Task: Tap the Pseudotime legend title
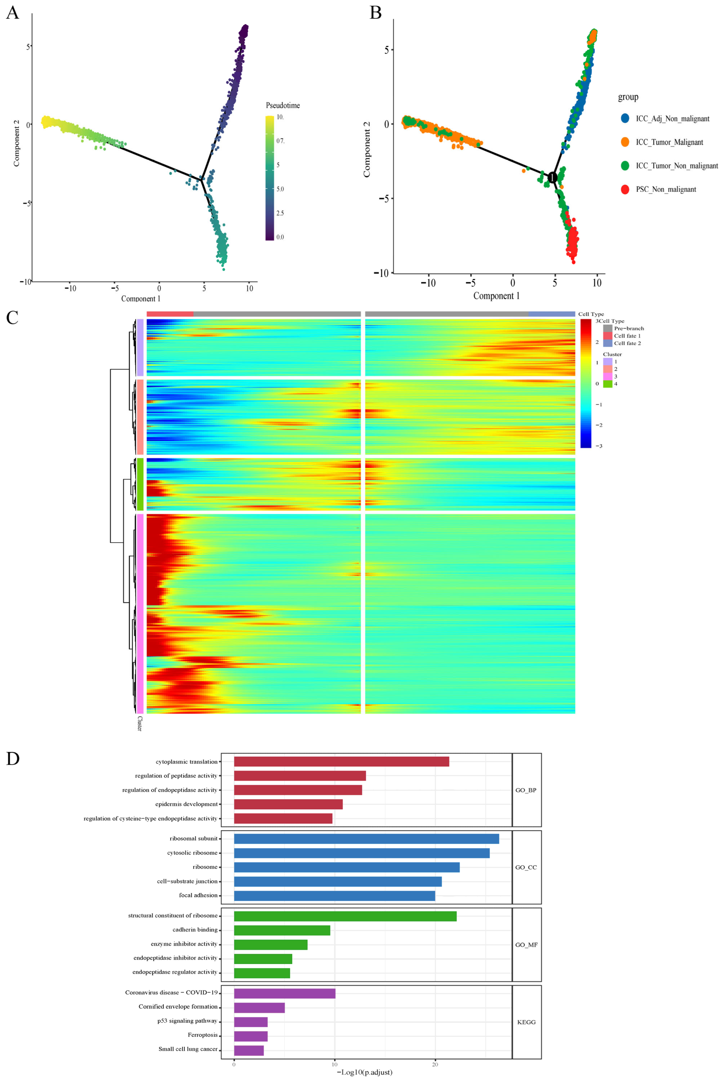click(x=282, y=105)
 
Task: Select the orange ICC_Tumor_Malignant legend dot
click(x=625, y=142)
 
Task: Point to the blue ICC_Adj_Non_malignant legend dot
click(x=625, y=118)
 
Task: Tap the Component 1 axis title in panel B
click(x=496, y=296)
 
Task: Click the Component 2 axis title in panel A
click(x=17, y=143)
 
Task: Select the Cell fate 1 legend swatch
click(x=608, y=336)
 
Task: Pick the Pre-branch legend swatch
click(x=608, y=328)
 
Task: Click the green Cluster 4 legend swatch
click(x=608, y=384)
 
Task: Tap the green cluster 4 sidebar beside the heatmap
click(x=140, y=484)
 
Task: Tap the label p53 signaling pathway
click(x=187, y=1021)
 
